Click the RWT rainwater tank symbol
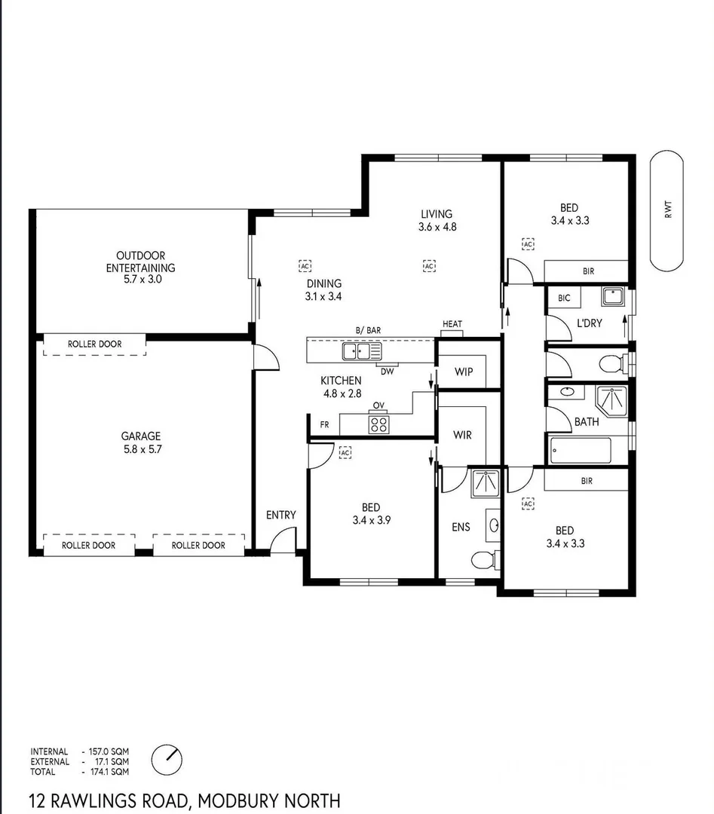(667, 211)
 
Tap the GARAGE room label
(141, 436)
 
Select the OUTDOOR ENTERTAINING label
(140, 262)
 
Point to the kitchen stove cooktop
(378, 424)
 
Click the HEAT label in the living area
(452, 324)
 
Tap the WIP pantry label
(464, 372)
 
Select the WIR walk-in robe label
(462, 435)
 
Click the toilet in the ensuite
(483, 558)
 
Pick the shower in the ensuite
(486, 483)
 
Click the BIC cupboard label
(564, 298)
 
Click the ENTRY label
(280, 515)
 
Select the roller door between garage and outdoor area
(94, 344)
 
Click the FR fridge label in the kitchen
(324, 425)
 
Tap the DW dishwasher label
(388, 371)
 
